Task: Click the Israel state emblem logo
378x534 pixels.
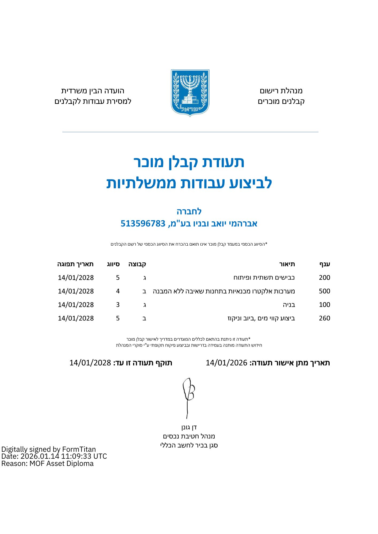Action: [190, 93]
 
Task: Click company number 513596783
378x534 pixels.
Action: [143, 223]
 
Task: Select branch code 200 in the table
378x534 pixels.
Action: [324, 278]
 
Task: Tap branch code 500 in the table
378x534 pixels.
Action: [324, 291]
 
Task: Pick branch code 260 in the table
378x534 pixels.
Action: [324, 318]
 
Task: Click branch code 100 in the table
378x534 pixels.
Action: [324, 305]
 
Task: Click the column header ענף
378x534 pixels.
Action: [325, 264]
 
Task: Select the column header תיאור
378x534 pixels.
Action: [287, 264]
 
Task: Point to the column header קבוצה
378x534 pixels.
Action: [137, 264]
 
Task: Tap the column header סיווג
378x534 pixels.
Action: [113, 264]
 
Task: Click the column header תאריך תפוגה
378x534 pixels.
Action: [75, 264]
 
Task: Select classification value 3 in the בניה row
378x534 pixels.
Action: [118, 305]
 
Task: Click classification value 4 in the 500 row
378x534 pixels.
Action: [118, 291]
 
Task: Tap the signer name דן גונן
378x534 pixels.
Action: [189, 427]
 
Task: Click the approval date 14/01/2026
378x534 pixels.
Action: [226, 363]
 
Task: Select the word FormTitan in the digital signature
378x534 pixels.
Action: [79, 449]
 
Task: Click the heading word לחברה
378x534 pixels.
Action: [189, 211]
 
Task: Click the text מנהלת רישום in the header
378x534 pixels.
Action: [281, 91]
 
